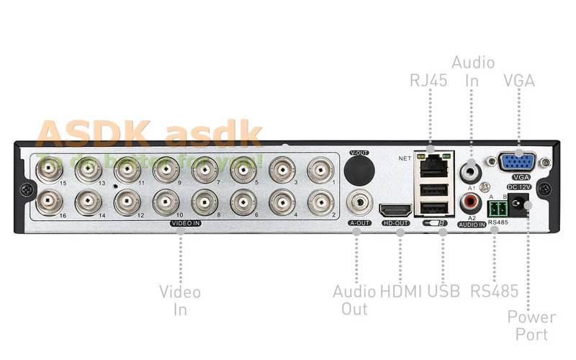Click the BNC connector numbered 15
50,171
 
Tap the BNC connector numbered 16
50,202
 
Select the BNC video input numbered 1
320,171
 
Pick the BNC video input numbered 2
320,202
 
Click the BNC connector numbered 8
204,202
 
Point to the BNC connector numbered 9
166,171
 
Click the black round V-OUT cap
359,171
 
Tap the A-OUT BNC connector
359,202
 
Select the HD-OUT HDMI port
395,210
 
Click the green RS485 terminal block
498,209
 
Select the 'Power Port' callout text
531,325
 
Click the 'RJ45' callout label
429,81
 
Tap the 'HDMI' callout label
400,292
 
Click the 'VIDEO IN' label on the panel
185,224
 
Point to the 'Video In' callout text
180,300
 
